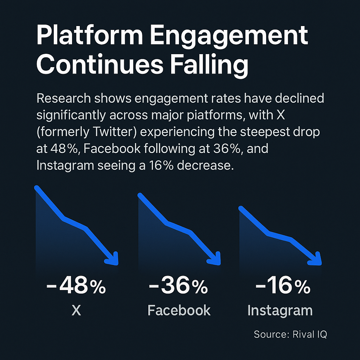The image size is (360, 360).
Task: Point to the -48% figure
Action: point(76,287)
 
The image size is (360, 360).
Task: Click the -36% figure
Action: point(178,287)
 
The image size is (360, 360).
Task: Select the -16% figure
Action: point(283,287)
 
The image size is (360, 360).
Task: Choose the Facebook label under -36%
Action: point(179,310)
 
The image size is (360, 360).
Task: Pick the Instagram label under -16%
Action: point(280,310)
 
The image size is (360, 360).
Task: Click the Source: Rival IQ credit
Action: point(290,334)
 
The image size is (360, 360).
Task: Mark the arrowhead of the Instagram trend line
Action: point(317,259)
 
